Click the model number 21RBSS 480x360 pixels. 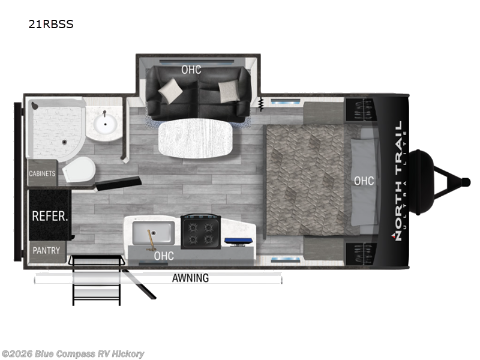[x=50, y=25]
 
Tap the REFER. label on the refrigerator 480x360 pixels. [x=49, y=215]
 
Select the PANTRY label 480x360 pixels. [x=46, y=250]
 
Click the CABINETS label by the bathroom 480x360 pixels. [x=42, y=174]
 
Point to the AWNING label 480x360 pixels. [x=190, y=278]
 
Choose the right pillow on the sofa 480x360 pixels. [x=229, y=91]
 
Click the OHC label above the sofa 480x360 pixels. [x=191, y=70]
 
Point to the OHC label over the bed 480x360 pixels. [x=364, y=181]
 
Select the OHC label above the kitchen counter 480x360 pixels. [x=164, y=256]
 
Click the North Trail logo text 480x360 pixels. [x=398, y=181]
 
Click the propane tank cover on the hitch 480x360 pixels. [x=425, y=179]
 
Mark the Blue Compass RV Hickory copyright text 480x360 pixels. [x=73, y=354]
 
